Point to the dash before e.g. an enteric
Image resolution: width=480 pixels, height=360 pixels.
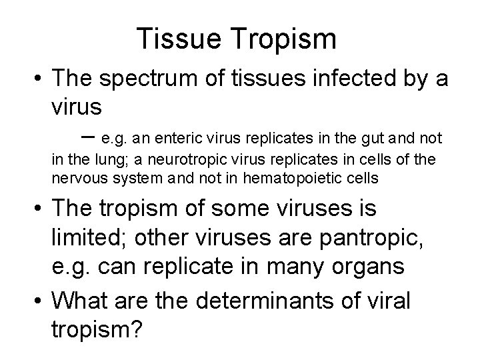[x=89, y=137]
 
